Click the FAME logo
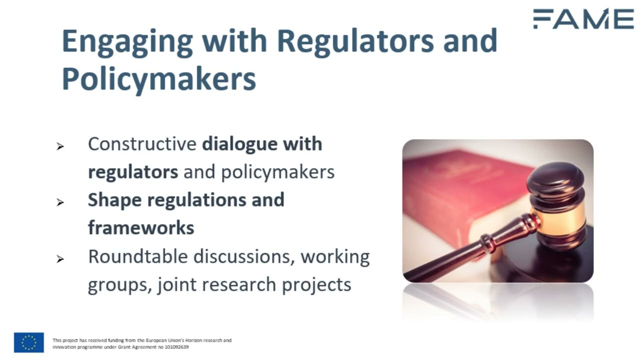pyautogui.click(x=583, y=19)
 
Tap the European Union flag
pyautogui.click(x=29, y=342)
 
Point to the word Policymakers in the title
pyautogui.click(x=158, y=78)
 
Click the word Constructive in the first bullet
pyautogui.click(x=142, y=144)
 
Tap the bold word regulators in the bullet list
pyautogui.click(x=133, y=172)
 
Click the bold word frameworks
pyautogui.click(x=141, y=228)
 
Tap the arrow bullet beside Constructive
pyautogui.click(x=60, y=146)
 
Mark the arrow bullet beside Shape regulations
pyautogui.click(x=60, y=202)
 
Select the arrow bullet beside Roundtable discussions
pyautogui.click(x=60, y=259)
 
